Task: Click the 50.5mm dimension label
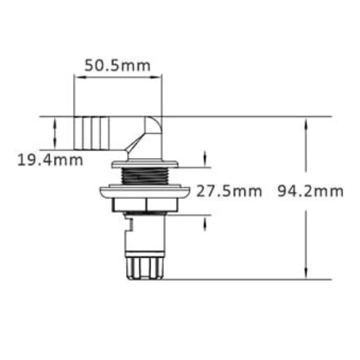pos(117,66)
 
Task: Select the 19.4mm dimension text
pos(50,159)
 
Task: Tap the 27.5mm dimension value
pos(229,191)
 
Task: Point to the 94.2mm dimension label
pos(310,191)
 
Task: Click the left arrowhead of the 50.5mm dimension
pos(77,77)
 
